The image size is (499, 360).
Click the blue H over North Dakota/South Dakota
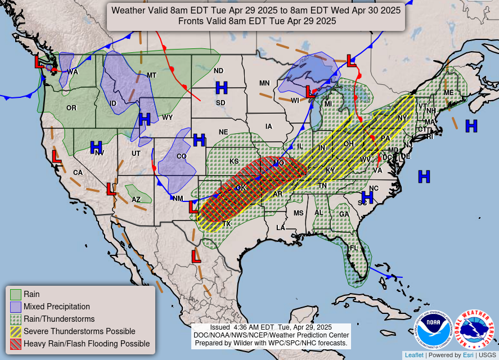coord(222,87)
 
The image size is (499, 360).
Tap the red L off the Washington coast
coord(39,61)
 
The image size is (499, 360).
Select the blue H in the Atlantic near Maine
coord(471,126)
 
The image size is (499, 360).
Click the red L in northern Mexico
coord(196,256)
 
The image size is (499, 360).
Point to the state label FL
coord(354,248)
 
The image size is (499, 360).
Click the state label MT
coord(151,75)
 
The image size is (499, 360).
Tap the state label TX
coord(227,223)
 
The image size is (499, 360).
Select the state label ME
coord(448,93)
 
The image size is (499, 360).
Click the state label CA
coord(78,172)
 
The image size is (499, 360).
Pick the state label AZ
coord(136,199)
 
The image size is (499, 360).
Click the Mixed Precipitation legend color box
coord(16,307)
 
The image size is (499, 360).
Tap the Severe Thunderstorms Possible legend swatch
coord(16,331)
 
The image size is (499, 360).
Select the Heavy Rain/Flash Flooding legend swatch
coord(16,344)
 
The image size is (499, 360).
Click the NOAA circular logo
coord(434,331)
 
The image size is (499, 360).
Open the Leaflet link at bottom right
coord(414,355)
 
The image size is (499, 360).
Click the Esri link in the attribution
coord(467,355)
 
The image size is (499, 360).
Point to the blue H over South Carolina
coord(367,197)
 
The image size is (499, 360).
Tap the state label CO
coord(181,156)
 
